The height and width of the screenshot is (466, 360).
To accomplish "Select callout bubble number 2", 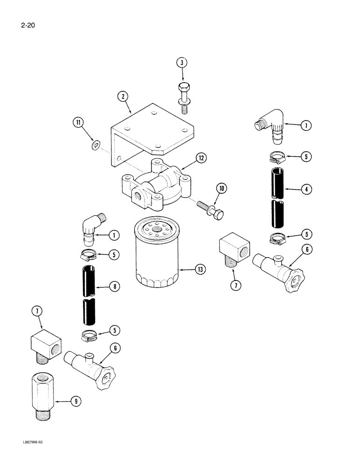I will pos(123,96).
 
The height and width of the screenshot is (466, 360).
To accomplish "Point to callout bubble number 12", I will pos(201,158).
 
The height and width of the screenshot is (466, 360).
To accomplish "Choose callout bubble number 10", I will pos(222,188).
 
